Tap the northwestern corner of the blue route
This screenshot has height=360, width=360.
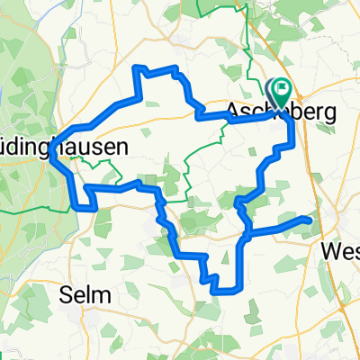point(136,68)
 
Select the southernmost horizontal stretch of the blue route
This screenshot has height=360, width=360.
point(227,290)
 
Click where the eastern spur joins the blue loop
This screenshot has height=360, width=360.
point(246,236)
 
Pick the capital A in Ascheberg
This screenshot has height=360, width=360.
point(233,112)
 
